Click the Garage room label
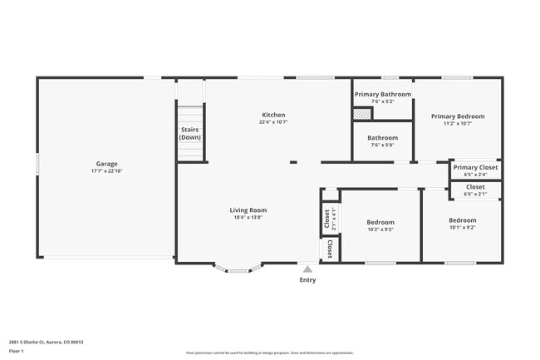pyautogui.click(x=106, y=164)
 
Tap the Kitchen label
pyautogui.click(x=273, y=115)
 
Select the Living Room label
pyautogui.click(x=248, y=210)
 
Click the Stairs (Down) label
pyautogui.click(x=190, y=133)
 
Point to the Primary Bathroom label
pyautogui.click(x=383, y=94)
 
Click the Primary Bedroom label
pyautogui.click(x=458, y=116)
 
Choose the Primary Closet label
pyautogui.click(x=475, y=167)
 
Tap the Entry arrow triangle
pyautogui.click(x=307, y=269)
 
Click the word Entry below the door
pyautogui.click(x=307, y=280)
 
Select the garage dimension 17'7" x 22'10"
pyautogui.click(x=106, y=171)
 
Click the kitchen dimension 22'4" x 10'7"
pyautogui.click(x=273, y=122)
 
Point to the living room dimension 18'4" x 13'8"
pyautogui.click(x=248, y=218)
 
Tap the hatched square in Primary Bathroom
pyautogui.click(x=362, y=112)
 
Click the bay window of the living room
pyautogui.click(x=238, y=269)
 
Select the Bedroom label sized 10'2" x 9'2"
pyautogui.click(x=380, y=222)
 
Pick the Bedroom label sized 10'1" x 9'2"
pyautogui.click(x=462, y=219)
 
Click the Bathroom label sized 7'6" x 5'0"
pyautogui.click(x=383, y=138)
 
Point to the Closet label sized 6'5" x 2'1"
pyautogui.click(x=475, y=187)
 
